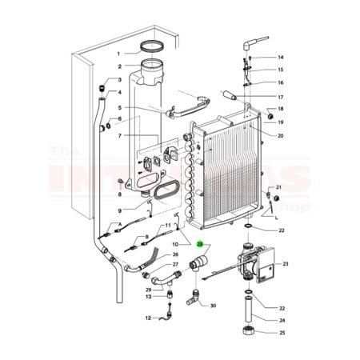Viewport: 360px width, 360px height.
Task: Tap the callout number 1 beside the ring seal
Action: click(118, 53)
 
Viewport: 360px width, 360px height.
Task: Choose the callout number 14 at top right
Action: click(281, 58)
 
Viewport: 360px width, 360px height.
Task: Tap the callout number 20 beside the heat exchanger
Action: click(281, 135)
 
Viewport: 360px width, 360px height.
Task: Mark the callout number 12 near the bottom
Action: click(148, 318)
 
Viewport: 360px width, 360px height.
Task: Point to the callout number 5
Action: click(118, 107)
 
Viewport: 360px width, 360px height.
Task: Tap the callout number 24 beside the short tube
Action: click(281, 321)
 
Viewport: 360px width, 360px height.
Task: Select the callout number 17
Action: click(281, 97)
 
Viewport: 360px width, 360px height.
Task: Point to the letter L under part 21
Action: click(276, 217)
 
